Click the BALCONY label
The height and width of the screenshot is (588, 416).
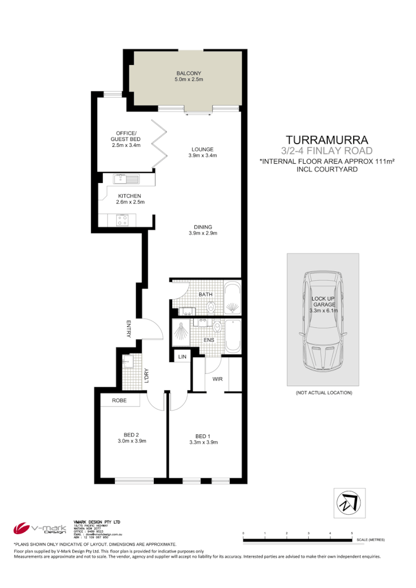coord(188,73)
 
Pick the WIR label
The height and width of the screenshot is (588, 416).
coord(217,379)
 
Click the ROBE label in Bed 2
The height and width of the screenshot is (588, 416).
coord(119,400)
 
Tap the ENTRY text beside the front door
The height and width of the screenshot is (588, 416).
coord(128,329)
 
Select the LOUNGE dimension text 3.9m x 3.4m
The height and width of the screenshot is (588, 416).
coord(202,155)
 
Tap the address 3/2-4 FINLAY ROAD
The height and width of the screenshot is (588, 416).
coord(327,150)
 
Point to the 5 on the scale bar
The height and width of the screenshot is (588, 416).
coord(352,533)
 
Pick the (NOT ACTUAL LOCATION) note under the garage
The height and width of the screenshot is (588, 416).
coord(324,393)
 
